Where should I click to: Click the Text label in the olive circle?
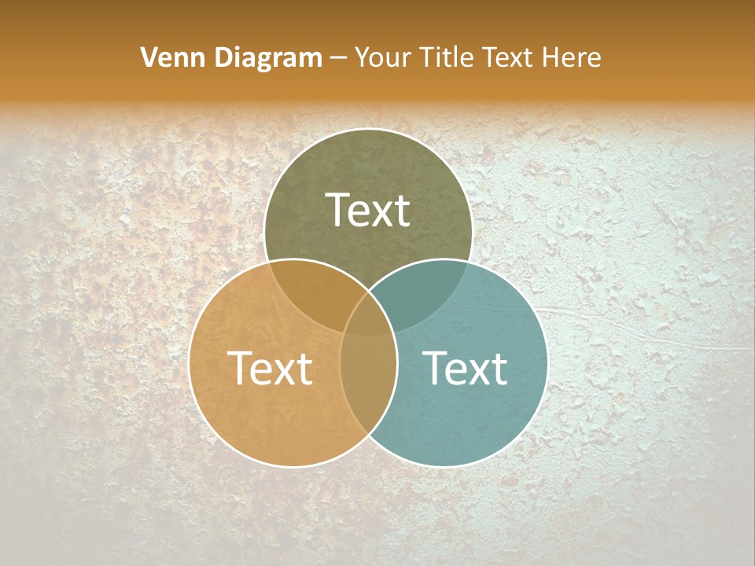tap(368, 210)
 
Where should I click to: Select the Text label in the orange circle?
tap(270, 368)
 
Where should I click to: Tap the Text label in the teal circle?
tap(466, 368)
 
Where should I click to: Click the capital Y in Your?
tap(363, 57)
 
